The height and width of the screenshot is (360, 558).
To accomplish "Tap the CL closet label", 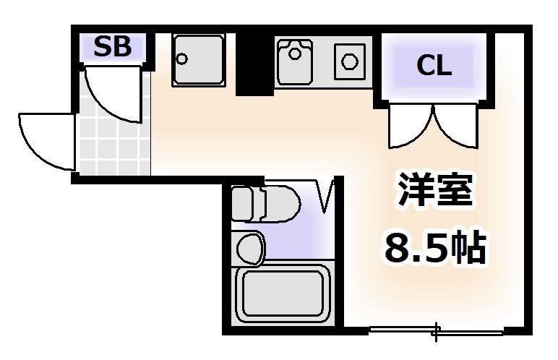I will coord(434,66).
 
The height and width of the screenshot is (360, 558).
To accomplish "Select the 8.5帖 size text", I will coord(432,247).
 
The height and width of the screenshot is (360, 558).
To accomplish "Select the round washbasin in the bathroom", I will coord(250,248).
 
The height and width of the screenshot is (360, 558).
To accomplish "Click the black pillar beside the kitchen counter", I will coord(255,64).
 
